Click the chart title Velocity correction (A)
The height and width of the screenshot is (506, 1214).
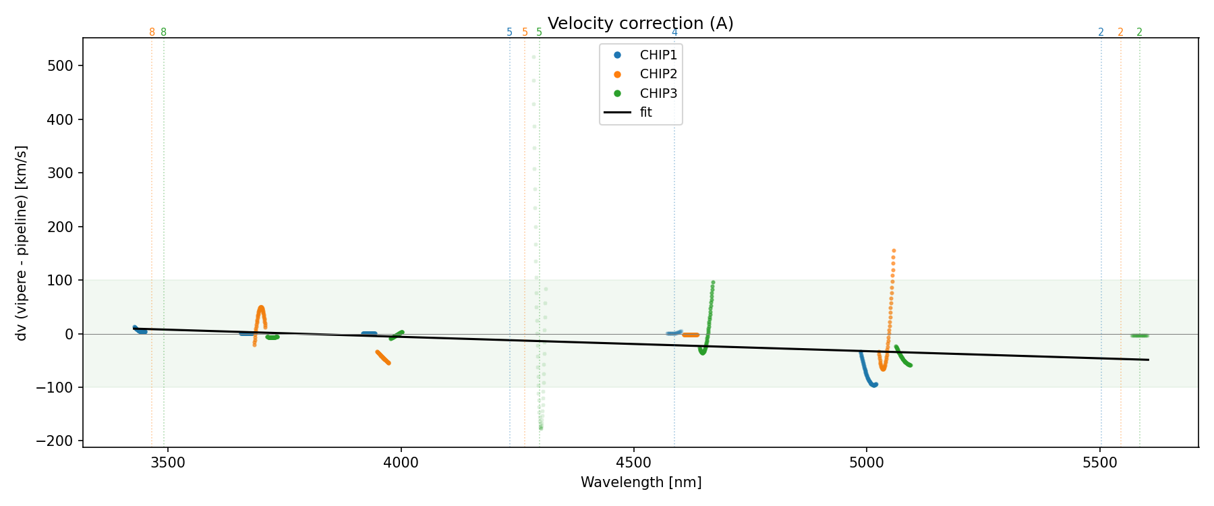[x=640, y=24]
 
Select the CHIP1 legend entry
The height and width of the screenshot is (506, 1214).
[x=658, y=55]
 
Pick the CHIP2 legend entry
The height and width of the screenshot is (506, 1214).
[x=658, y=74]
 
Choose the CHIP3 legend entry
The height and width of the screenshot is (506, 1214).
[x=658, y=94]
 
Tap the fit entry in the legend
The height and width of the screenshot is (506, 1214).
[x=645, y=113]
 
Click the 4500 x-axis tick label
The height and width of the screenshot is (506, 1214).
[x=634, y=463]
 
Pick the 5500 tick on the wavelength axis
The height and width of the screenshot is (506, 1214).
[x=1100, y=463]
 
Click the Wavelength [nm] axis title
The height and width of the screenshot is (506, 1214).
[x=641, y=482]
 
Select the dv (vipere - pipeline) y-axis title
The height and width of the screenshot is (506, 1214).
[x=22, y=243]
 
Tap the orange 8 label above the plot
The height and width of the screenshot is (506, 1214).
[x=152, y=32]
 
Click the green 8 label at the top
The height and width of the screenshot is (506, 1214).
[x=163, y=32]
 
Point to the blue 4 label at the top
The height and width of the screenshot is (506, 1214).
[x=674, y=32]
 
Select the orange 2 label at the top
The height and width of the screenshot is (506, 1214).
[x=1120, y=32]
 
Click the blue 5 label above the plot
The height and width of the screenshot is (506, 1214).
[x=509, y=32]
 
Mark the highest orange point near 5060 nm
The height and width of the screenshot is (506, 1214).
[x=894, y=251]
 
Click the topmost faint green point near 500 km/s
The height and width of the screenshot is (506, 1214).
[x=533, y=57]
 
